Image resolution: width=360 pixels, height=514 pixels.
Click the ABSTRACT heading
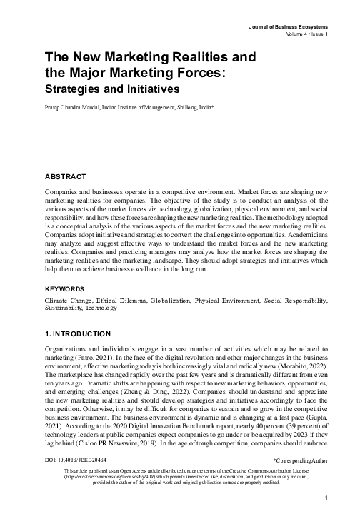[65, 176]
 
